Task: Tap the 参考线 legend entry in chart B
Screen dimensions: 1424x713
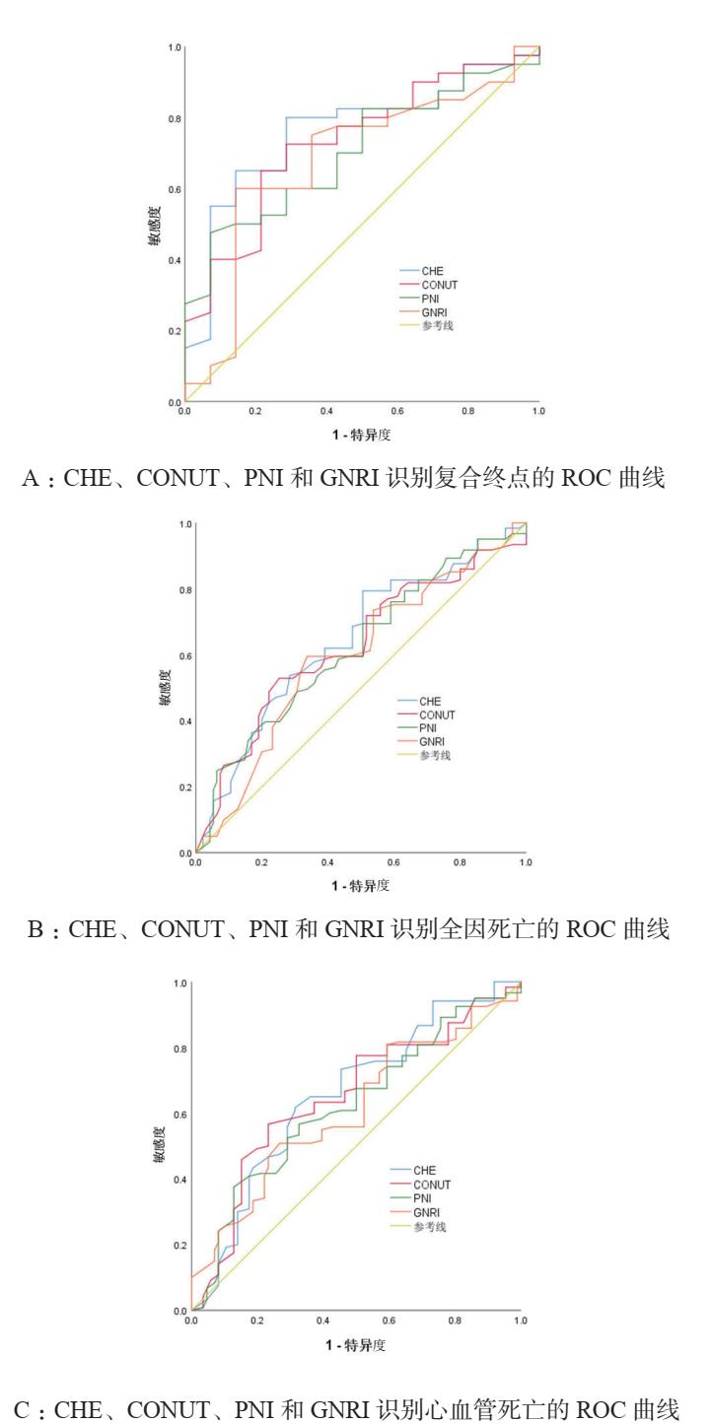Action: [x=440, y=756]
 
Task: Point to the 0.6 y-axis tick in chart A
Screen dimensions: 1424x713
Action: [x=174, y=189]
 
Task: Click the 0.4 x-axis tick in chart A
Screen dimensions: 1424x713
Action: [x=326, y=409]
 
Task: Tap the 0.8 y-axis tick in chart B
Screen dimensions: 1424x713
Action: [x=184, y=590]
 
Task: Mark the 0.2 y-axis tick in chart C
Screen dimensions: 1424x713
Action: [x=180, y=1246]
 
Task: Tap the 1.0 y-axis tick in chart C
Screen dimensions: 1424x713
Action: [x=180, y=983]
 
